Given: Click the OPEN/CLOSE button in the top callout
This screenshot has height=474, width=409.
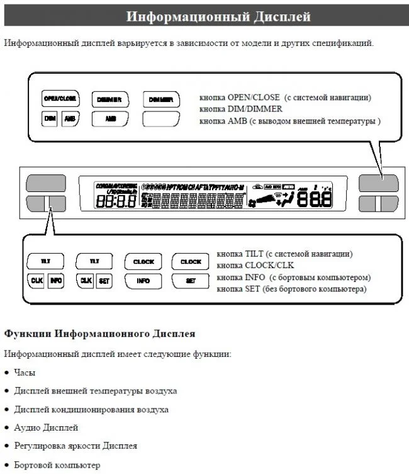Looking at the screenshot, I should point(60,99).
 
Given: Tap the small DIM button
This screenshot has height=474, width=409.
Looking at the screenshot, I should point(50,118).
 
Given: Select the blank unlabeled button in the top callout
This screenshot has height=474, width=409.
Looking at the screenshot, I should point(161,118).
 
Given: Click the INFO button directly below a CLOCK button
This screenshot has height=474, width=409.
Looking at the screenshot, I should point(143,281).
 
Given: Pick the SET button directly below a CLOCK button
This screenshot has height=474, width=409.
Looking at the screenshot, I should point(191,281).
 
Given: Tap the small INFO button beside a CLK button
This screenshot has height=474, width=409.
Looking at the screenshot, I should point(55,281).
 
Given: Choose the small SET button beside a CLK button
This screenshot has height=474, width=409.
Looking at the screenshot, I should point(104,281).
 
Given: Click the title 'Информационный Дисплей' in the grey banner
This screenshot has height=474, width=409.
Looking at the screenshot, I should point(218,16).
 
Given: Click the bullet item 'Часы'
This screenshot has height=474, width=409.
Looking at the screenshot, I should point(25,373).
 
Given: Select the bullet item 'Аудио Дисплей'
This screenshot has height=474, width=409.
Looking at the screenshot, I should point(46,427).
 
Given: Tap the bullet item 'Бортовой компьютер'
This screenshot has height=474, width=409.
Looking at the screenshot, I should point(57,465).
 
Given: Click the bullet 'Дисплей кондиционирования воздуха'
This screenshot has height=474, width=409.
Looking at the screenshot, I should point(91,409).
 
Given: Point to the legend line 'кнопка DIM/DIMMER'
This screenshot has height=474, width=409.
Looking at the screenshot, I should point(236,109).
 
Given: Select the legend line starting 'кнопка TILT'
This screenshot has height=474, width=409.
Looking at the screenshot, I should point(284,254).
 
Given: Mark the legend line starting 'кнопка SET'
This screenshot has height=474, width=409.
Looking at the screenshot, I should point(291,288).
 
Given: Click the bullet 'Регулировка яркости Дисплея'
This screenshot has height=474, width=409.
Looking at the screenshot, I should point(76,446).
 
